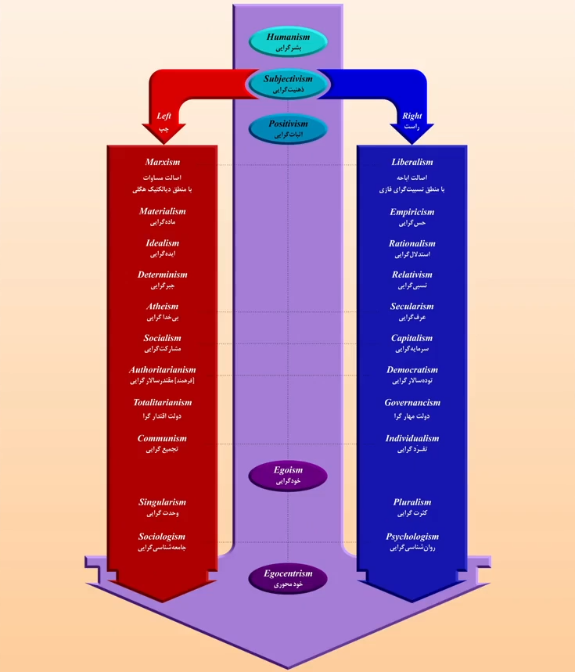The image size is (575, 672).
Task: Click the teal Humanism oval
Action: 287,41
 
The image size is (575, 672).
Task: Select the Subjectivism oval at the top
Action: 287,84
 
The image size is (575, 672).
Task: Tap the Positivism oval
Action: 287,128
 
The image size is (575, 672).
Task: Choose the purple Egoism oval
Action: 287,476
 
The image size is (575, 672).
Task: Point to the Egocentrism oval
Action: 287,579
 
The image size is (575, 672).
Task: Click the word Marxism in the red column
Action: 162,163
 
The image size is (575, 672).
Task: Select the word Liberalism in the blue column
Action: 411,163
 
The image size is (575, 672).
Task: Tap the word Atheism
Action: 162,307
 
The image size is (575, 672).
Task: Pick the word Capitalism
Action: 411,339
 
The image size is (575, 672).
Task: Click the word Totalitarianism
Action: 162,403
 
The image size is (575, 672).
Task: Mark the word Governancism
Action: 411,403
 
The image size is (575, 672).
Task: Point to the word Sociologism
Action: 162,537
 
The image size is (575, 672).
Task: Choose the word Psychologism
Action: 411,537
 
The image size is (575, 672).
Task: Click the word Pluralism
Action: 411,502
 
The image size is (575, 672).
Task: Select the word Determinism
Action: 162,275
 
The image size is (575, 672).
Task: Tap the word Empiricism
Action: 411,212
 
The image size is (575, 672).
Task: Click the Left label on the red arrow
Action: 164,117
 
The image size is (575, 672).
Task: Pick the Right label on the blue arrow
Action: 411,117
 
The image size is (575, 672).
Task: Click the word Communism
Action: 162,439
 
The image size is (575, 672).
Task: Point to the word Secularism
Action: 411,307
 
